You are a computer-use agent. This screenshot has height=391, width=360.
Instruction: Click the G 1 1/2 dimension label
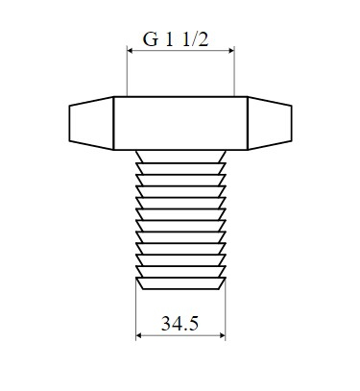pyautogui.click(x=176, y=39)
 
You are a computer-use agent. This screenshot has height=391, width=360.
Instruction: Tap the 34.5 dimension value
pyautogui.click(x=180, y=324)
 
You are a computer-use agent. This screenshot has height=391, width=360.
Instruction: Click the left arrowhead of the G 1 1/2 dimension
pyautogui.click(x=130, y=50)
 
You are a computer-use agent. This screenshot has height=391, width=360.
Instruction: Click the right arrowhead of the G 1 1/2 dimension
pyautogui.click(x=231, y=50)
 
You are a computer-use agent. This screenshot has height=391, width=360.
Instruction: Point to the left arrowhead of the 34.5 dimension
pyautogui.click(x=138, y=335)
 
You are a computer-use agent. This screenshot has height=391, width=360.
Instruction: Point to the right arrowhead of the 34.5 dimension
pyautogui.click(x=223, y=335)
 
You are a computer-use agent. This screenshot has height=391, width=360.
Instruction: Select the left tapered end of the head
pyautogui.click(x=91, y=123)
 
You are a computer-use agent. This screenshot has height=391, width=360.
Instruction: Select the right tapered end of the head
pyautogui.click(x=270, y=123)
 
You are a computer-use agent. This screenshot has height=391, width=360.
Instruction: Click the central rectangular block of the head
pyautogui.click(x=180, y=123)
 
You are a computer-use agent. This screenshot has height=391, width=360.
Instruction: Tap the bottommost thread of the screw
pyautogui.click(x=180, y=283)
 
